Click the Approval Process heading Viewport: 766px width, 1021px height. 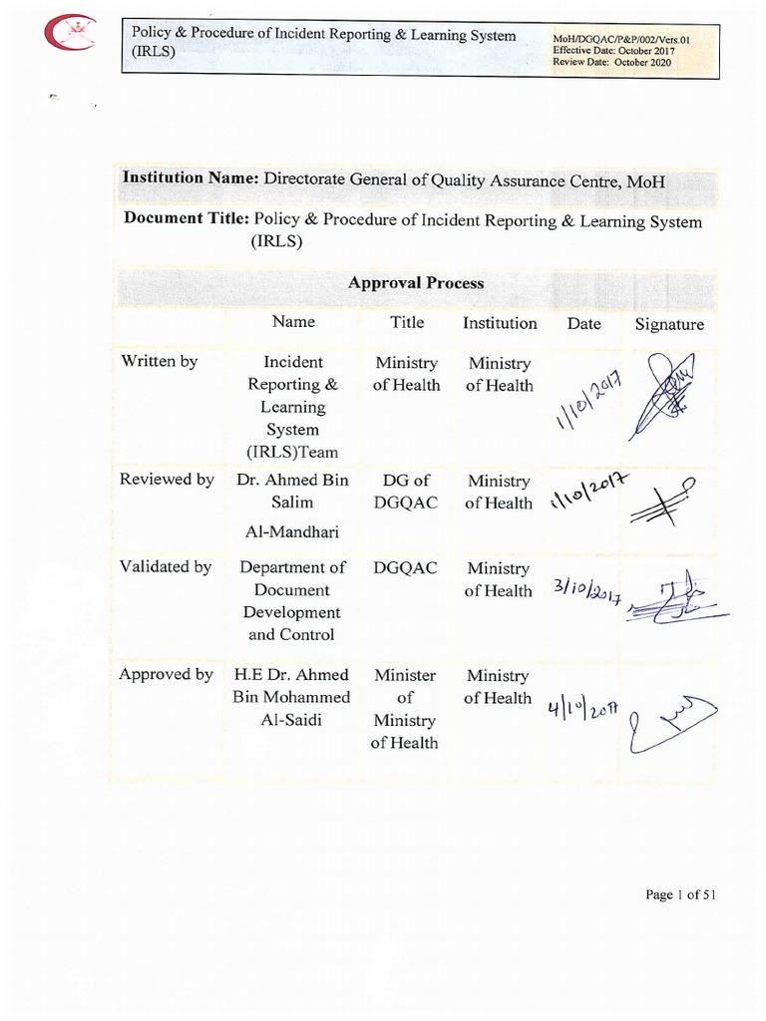416,282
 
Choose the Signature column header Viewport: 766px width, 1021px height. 669,324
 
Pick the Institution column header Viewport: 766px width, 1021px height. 500,323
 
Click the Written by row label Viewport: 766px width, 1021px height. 159,362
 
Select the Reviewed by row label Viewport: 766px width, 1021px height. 167,480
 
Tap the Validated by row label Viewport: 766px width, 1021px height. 166,567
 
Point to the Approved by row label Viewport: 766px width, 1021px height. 166,675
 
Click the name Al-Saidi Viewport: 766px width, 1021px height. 292,719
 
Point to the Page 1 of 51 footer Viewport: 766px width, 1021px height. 680,894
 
